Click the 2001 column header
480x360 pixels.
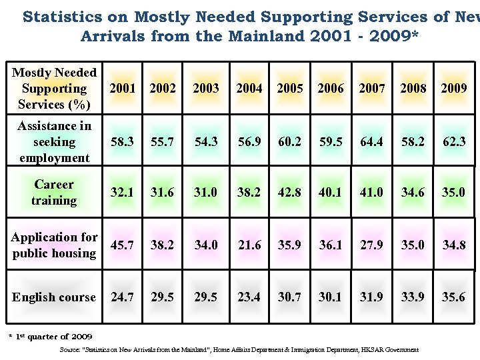pos(122,88)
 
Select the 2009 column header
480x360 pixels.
pos(454,88)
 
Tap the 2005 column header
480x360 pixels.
pos(290,88)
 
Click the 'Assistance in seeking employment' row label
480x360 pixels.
pos(54,142)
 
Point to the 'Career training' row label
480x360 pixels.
pos(54,192)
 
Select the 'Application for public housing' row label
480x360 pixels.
pos(54,245)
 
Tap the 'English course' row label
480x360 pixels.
pos(54,297)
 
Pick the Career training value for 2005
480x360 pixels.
pos(290,192)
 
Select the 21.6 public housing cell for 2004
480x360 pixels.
pos(249,245)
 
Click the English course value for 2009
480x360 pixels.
pos(454,297)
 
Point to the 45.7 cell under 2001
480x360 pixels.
pos(122,245)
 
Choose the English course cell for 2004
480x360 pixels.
pos(249,297)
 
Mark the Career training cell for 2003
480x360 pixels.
pos(206,192)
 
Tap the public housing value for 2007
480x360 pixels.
pos(371,245)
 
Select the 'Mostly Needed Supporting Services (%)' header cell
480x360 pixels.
pos(54,88)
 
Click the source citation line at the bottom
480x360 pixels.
pos(239,349)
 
